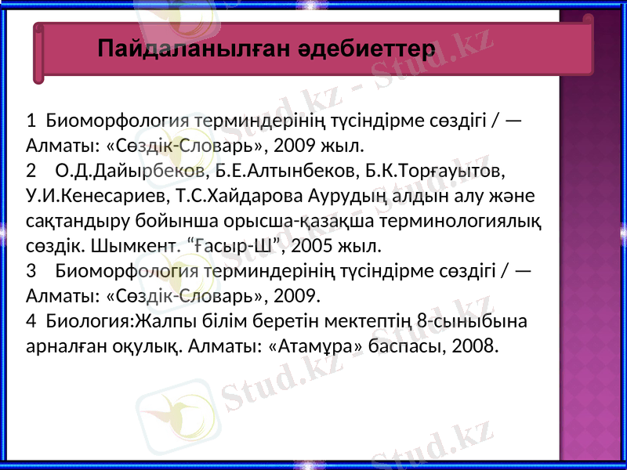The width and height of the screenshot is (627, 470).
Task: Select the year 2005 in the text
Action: [312, 245]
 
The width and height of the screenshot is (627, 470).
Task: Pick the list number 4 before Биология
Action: [31, 320]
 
